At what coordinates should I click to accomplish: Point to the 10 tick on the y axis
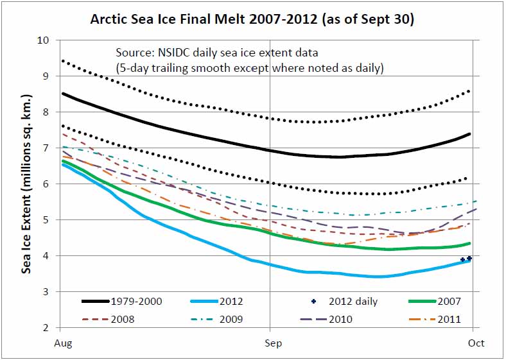[x=43, y=40]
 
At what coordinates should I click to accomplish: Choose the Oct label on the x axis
[x=476, y=343]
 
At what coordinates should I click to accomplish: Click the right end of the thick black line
[x=471, y=133]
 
